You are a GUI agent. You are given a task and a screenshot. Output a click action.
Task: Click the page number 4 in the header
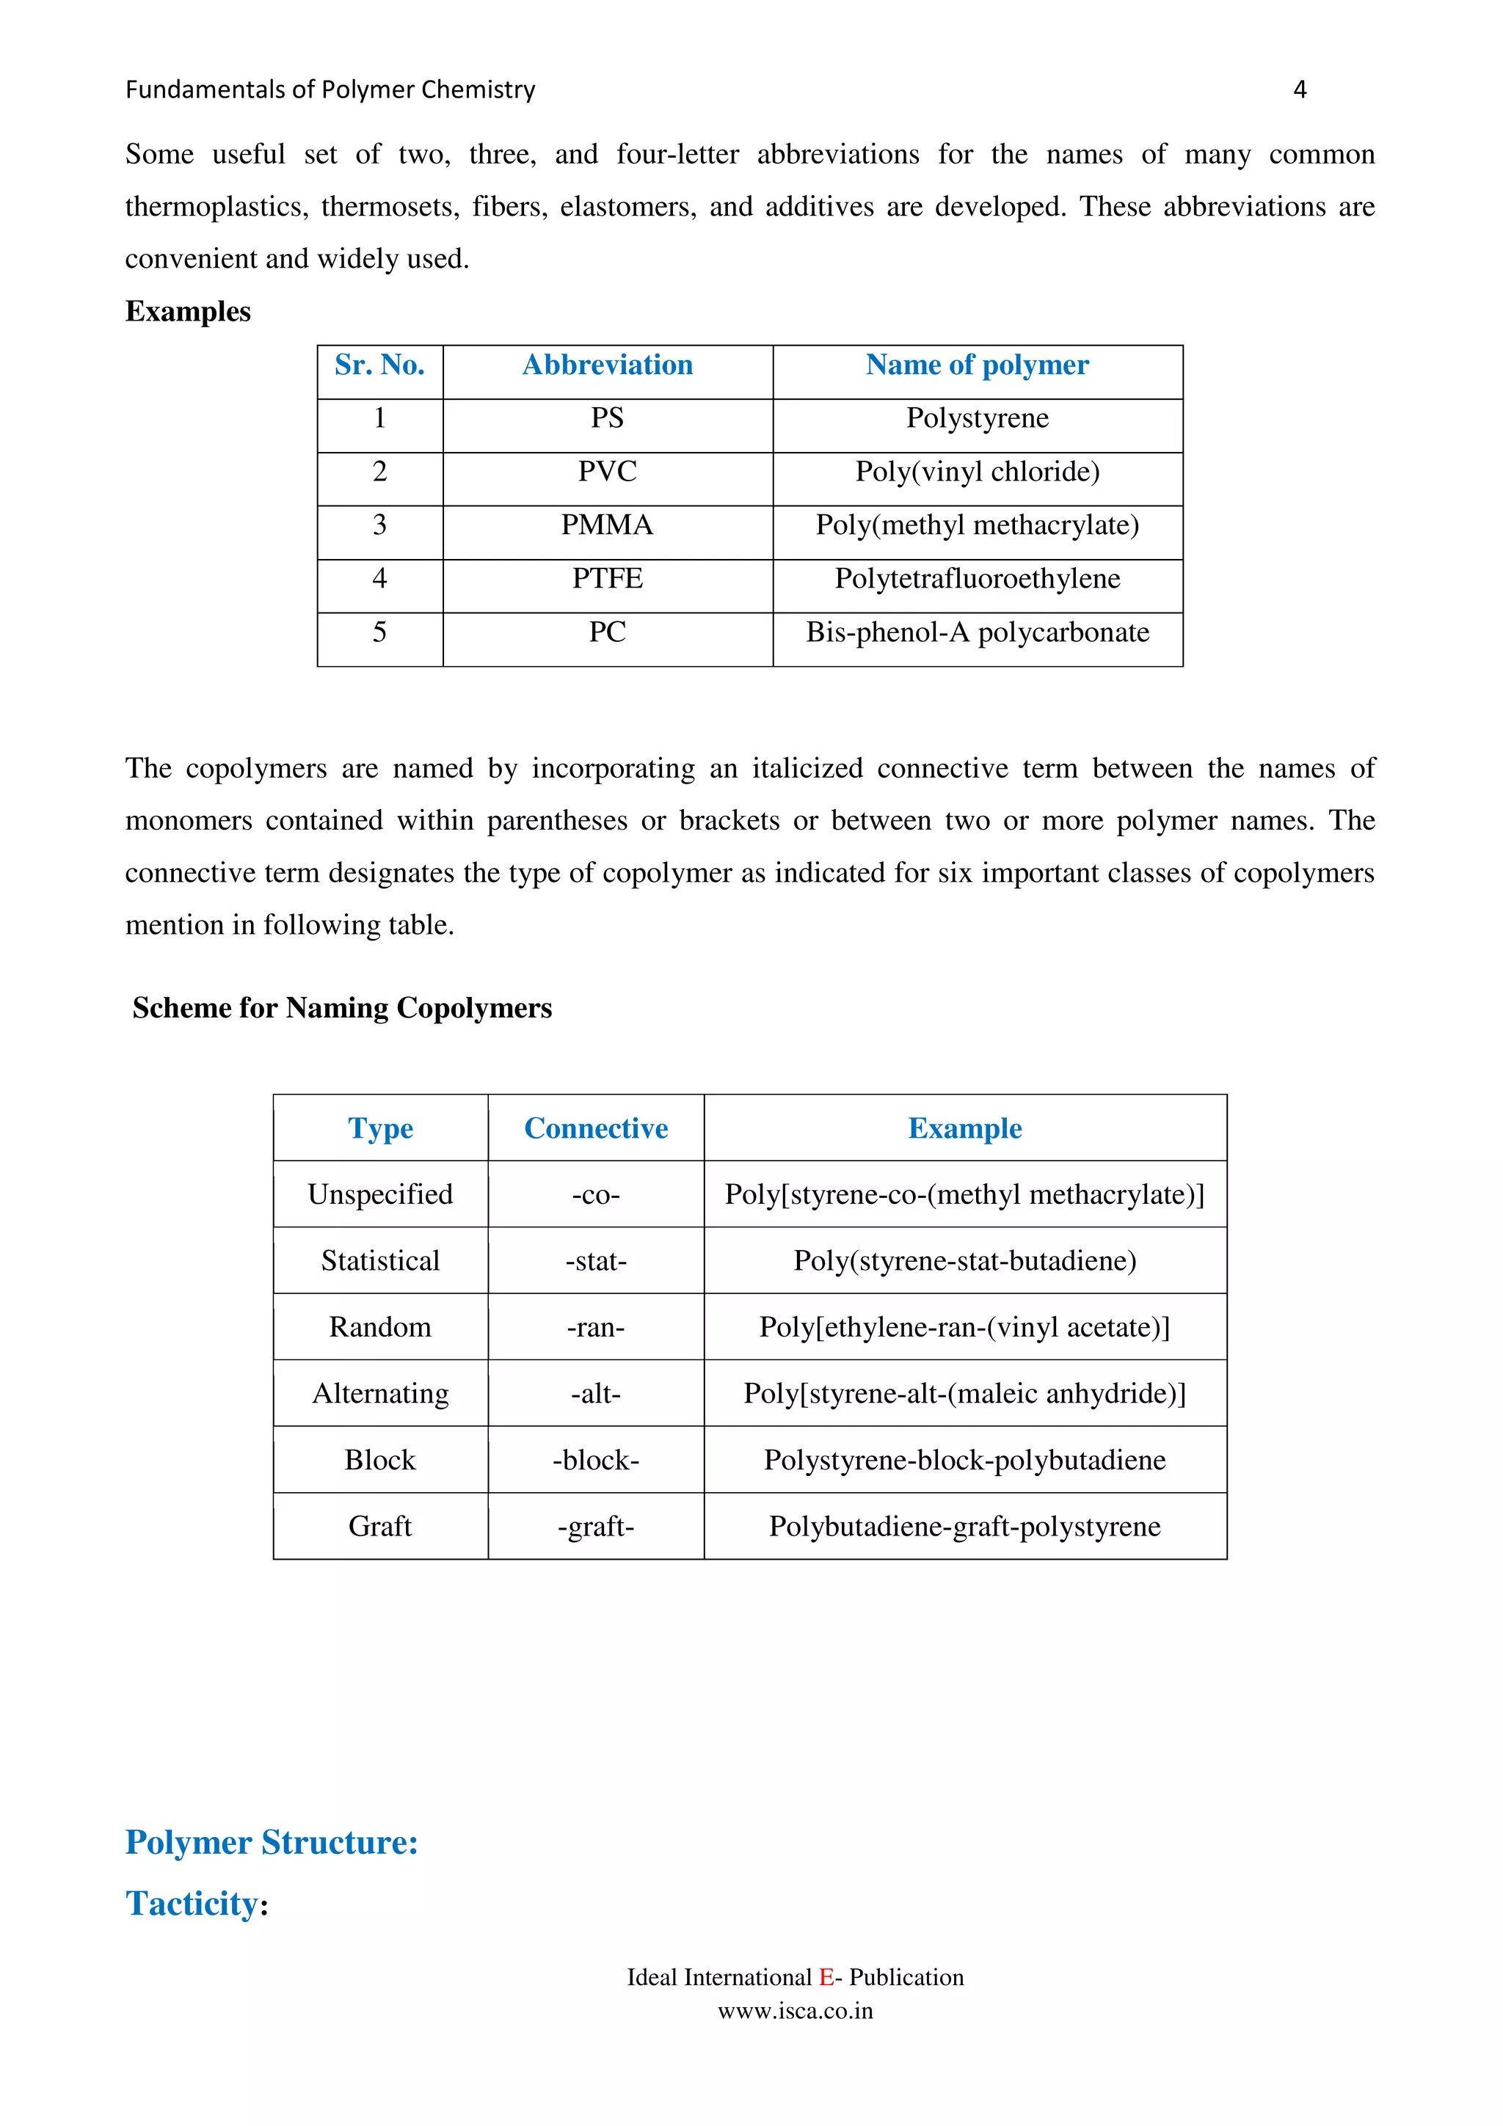click(1299, 90)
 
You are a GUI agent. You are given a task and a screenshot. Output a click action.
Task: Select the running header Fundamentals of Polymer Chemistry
click(330, 90)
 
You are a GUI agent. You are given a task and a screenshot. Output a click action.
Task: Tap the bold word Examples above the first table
click(188, 311)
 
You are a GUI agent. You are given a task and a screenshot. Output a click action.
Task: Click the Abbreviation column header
click(608, 365)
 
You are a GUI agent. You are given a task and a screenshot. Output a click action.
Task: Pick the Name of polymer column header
click(977, 365)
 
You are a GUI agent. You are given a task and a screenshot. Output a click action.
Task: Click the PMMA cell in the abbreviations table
click(608, 526)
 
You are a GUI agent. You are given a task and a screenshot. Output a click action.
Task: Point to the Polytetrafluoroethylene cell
click(977, 579)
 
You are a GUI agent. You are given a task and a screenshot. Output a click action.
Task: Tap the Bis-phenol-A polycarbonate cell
click(977, 632)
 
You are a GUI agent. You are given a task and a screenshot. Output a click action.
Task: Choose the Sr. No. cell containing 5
click(379, 632)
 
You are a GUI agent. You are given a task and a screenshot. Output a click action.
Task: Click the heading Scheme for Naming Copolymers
click(342, 1007)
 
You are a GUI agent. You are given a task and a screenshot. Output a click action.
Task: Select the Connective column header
click(595, 1128)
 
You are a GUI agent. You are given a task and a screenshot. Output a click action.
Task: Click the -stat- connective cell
click(595, 1261)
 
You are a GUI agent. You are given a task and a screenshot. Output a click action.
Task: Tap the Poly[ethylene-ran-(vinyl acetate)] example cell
click(964, 1327)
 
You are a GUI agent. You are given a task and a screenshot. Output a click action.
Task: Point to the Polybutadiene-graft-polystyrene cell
click(964, 1526)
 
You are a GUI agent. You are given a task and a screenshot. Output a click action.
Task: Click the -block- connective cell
click(595, 1460)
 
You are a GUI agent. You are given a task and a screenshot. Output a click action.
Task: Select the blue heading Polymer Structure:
click(272, 1843)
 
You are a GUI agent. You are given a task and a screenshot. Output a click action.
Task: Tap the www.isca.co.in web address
click(795, 2011)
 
